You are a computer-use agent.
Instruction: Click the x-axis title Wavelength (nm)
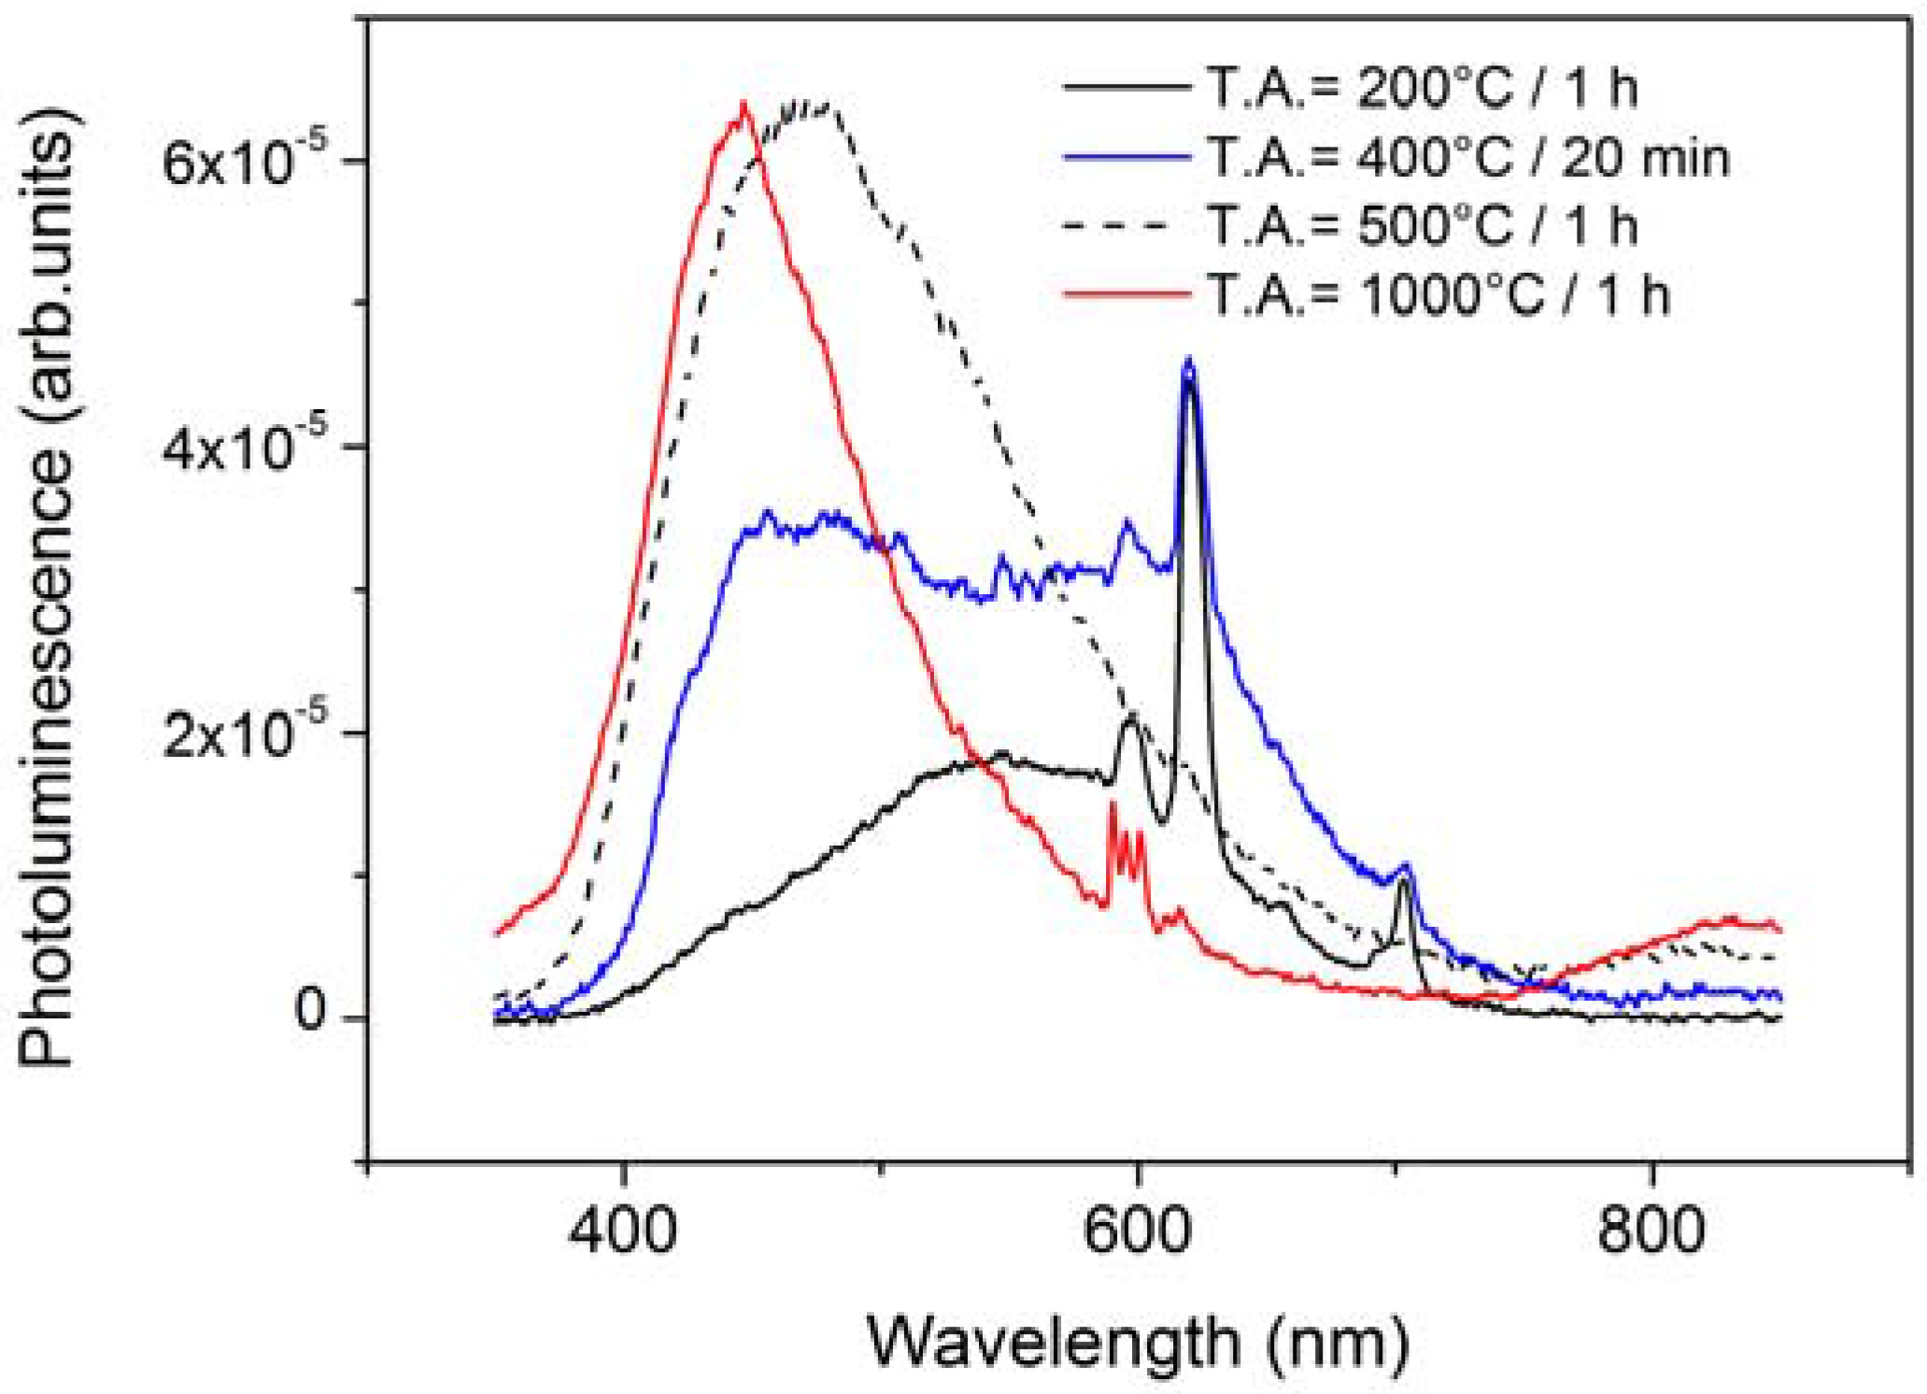point(1137,1342)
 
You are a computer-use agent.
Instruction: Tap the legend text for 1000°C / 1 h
point(1438,294)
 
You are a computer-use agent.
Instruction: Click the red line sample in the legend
point(1126,294)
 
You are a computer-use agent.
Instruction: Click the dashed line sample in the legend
point(1126,225)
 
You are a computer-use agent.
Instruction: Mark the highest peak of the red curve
point(744,104)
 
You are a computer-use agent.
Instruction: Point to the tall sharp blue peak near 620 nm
point(1188,360)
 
